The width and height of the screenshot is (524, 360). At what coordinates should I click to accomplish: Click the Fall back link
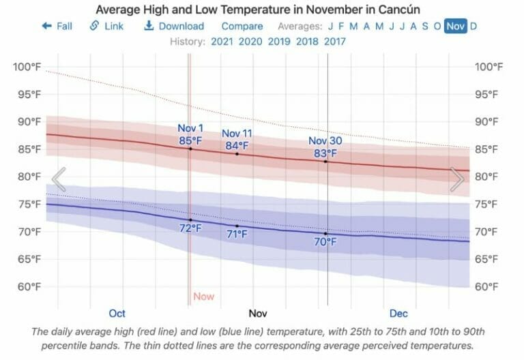[57, 26]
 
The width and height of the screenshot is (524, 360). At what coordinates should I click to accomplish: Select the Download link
[174, 26]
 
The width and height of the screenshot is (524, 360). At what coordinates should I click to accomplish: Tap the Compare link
[242, 26]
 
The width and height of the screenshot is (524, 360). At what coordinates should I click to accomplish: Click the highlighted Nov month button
[455, 26]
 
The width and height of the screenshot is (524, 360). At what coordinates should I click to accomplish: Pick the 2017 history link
[334, 42]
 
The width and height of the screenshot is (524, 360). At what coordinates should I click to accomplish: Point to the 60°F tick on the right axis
[489, 286]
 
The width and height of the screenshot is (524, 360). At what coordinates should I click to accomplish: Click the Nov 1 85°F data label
[190, 134]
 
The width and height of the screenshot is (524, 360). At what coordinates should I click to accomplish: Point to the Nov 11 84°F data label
[237, 139]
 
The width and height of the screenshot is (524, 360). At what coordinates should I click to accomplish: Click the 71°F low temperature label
[237, 234]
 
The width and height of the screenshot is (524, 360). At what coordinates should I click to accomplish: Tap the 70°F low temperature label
[325, 241]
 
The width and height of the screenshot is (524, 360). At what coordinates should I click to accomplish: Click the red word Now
[203, 297]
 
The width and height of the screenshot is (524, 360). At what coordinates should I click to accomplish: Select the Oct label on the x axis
[117, 314]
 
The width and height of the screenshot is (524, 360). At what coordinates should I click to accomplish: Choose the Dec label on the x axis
[398, 314]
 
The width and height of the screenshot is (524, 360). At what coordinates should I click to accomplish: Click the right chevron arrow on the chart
[456, 179]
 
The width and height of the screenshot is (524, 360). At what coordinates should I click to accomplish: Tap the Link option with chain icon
[106, 26]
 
